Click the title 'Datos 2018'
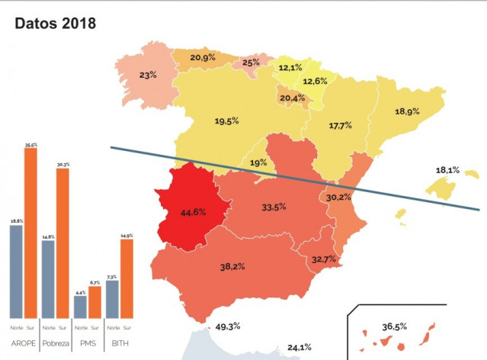pos(56,24)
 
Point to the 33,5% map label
pos(274,207)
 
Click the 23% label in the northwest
pos(148,75)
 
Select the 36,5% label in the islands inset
pos(394,326)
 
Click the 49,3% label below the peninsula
pos(228,326)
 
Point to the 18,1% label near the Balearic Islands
pos(447,170)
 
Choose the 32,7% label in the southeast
pos(324,259)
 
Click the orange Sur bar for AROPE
pos(30,233)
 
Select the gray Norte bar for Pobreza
pos(47,278)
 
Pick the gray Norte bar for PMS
pos(79,307)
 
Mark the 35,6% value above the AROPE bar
pos(30,144)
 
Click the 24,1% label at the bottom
pos(299,348)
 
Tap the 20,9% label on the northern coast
pos(203,58)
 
